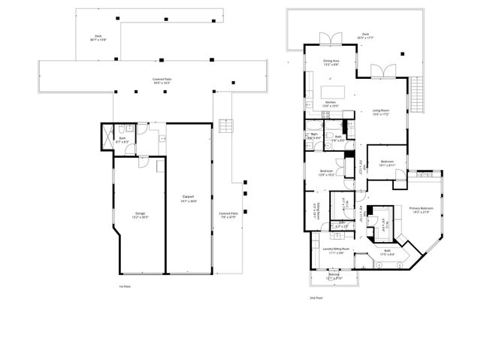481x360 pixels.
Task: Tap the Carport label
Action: click(x=183, y=200)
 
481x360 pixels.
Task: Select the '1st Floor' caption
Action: click(x=125, y=286)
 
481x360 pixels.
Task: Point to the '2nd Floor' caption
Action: click(x=316, y=298)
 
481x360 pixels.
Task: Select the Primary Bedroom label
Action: click(x=421, y=210)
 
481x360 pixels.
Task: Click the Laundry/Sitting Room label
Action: click(x=332, y=250)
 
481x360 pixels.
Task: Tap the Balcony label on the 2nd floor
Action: click(x=333, y=277)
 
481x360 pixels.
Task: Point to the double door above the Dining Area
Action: click(x=327, y=39)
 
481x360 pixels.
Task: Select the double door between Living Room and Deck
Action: click(x=384, y=71)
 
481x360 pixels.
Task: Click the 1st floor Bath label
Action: click(x=122, y=138)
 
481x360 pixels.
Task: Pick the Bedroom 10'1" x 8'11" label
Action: click(x=387, y=163)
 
